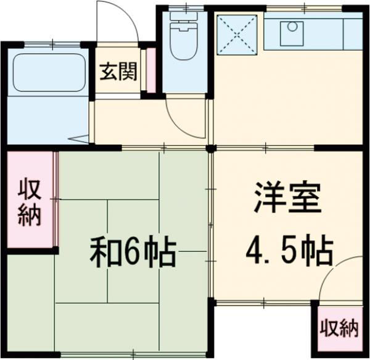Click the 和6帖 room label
[x=134, y=251]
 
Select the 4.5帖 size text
[x=289, y=250]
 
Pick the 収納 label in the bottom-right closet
[x=339, y=329]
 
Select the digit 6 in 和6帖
[x=134, y=252]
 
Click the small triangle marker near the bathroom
[x=78, y=140]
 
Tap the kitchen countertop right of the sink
[x=333, y=35]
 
